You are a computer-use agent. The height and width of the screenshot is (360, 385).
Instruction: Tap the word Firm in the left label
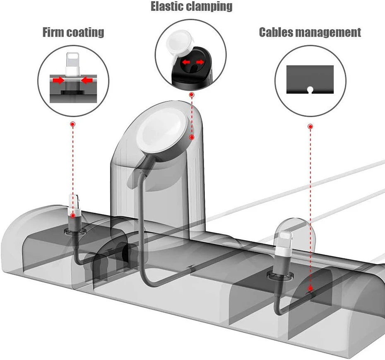click(x=55, y=32)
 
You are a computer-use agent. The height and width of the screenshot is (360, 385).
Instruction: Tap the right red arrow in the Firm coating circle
click(x=86, y=80)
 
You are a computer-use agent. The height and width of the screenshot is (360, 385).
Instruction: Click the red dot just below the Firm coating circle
click(x=73, y=124)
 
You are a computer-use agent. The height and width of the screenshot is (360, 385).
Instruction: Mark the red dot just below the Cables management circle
click(x=310, y=126)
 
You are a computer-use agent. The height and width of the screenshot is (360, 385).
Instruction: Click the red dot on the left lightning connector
click(x=73, y=215)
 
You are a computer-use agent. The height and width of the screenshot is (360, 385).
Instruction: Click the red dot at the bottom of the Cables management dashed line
click(x=310, y=290)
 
